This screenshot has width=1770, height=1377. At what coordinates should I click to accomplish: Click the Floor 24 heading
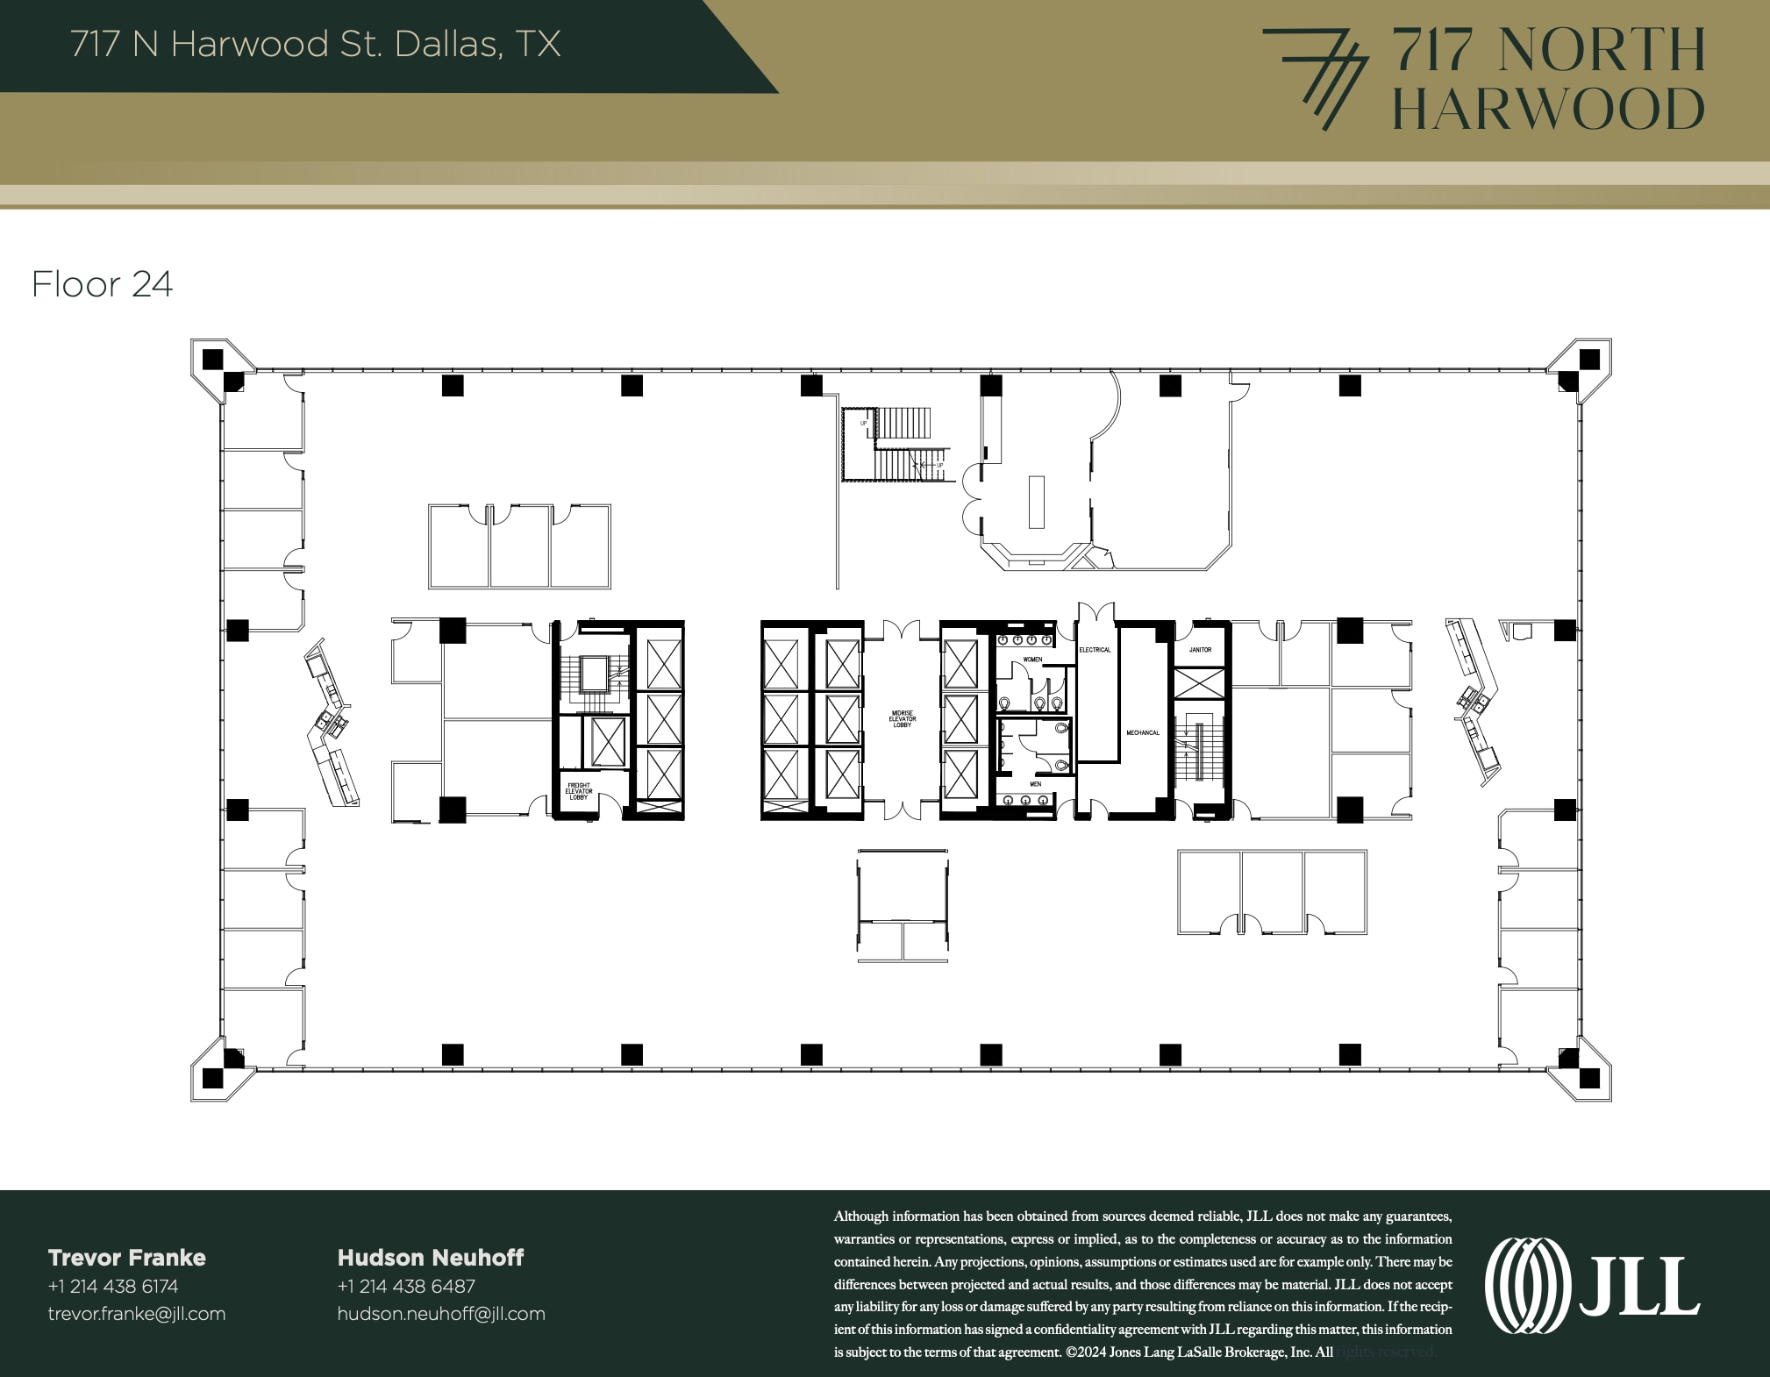pyautogui.click(x=103, y=284)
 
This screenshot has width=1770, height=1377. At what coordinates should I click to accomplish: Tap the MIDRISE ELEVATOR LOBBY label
pyautogui.click(x=902, y=719)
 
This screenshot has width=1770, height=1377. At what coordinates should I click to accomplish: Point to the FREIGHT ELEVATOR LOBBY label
pyautogui.click(x=579, y=791)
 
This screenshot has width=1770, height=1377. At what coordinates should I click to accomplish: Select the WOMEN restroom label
pyautogui.click(x=1032, y=660)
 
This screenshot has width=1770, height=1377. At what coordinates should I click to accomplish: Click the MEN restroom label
pyautogui.click(x=1035, y=784)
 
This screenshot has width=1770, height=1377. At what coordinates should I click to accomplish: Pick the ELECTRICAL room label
pyautogui.click(x=1095, y=650)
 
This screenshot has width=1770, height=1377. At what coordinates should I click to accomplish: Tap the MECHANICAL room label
pyautogui.click(x=1143, y=732)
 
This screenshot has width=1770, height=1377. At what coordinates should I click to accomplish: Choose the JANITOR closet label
pyautogui.click(x=1200, y=650)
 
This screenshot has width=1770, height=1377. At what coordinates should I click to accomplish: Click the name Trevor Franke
pyautogui.click(x=127, y=1258)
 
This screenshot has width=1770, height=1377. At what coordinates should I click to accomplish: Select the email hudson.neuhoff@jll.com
pyautogui.click(x=441, y=1314)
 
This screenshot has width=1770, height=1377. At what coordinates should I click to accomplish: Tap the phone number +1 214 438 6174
pyautogui.click(x=113, y=1287)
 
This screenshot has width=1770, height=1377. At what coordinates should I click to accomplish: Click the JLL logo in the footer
pyautogui.click(x=1592, y=1286)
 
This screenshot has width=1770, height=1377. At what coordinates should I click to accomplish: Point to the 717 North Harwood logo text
pyautogui.click(x=1548, y=79)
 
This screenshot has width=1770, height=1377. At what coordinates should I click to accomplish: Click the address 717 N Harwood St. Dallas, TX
pyautogui.click(x=316, y=44)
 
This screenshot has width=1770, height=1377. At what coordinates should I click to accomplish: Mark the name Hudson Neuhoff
pyautogui.click(x=431, y=1258)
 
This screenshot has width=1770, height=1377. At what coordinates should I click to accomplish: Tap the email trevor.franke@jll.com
pyautogui.click(x=137, y=1314)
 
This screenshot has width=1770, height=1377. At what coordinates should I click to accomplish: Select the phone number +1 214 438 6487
pyautogui.click(x=406, y=1287)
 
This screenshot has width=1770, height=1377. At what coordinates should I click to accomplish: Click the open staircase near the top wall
pyautogui.click(x=895, y=445)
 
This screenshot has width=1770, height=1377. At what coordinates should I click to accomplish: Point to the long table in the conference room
pyautogui.click(x=1037, y=502)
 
